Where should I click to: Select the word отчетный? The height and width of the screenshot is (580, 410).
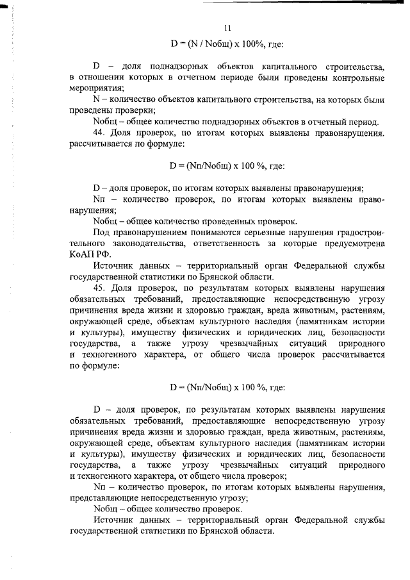click(329, 122)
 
